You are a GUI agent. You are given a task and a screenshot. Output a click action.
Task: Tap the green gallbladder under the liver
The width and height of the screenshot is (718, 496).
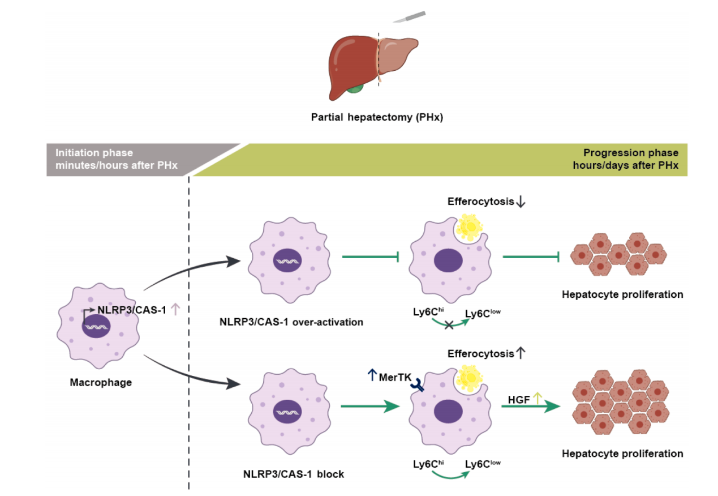pyautogui.click(x=355, y=87)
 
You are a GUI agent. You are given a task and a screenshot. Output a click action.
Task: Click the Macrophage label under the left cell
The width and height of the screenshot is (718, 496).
pyautogui.click(x=101, y=382)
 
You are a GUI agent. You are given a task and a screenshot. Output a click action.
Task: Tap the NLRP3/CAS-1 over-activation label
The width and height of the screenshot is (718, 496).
pyautogui.click(x=291, y=322)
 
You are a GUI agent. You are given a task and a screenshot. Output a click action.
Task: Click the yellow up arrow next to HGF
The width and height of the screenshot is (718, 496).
pyautogui.click(x=536, y=398)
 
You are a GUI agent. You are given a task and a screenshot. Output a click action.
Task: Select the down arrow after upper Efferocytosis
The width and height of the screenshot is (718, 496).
pyautogui.click(x=521, y=202)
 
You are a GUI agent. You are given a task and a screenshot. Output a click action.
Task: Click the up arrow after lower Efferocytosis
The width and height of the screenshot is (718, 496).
pyautogui.click(x=521, y=354)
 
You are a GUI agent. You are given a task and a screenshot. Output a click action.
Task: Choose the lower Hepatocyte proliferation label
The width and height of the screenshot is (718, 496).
pyautogui.click(x=622, y=453)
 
